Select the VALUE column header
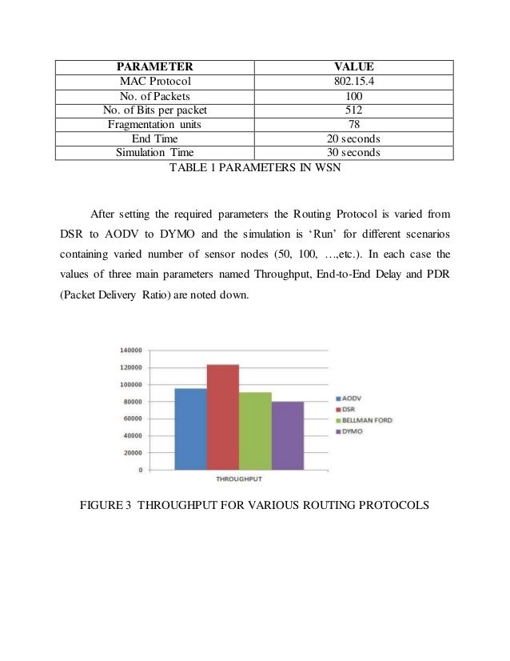[353, 66]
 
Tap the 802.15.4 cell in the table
[353, 81]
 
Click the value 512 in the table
[353, 110]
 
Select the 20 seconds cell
[353, 138]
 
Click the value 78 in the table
[353, 124]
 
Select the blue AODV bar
[190, 428]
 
